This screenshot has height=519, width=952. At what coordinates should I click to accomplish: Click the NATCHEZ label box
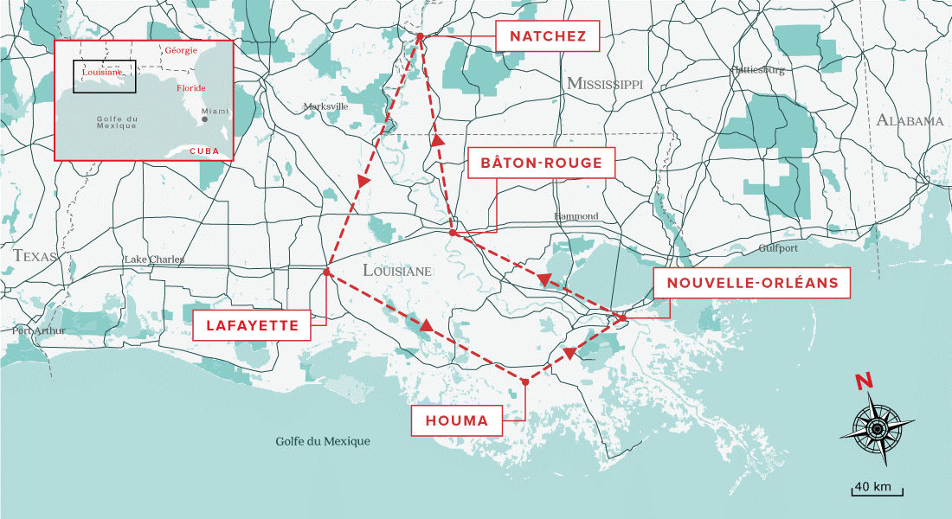pos(548,36)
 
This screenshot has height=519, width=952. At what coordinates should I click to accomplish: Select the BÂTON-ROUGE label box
pos(541,163)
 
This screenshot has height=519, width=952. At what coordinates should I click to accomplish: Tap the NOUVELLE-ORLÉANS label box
pos(752,282)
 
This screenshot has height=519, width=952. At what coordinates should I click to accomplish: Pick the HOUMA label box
pos(456,421)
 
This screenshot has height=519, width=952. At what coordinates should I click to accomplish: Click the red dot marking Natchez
pos(419,36)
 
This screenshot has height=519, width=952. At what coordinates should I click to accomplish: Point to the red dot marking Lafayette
pos(326,272)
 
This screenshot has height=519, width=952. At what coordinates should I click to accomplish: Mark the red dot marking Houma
pos(524,381)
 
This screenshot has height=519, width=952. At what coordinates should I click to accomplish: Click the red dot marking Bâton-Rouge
pos(453,233)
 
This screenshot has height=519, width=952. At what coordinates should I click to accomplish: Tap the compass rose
pos(877,428)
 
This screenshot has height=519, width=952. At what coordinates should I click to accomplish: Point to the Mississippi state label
pos(605,84)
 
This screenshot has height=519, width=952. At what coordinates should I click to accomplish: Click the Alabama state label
pos(909,121)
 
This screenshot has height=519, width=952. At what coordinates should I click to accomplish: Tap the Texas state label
pos(35,256)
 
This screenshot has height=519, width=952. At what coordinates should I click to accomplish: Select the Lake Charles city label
pos(154,259)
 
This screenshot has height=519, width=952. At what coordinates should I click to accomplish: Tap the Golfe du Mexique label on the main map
pos(323,441)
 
